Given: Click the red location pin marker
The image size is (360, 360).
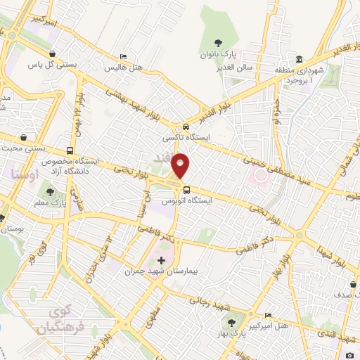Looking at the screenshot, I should [x=181, y=165].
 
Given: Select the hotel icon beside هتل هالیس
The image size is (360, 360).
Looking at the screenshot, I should [x=124, y=57].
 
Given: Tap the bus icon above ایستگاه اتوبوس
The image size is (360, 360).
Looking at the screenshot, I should [x=186, y=188].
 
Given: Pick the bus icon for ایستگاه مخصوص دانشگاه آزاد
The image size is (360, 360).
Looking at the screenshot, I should [x=70, y=150].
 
